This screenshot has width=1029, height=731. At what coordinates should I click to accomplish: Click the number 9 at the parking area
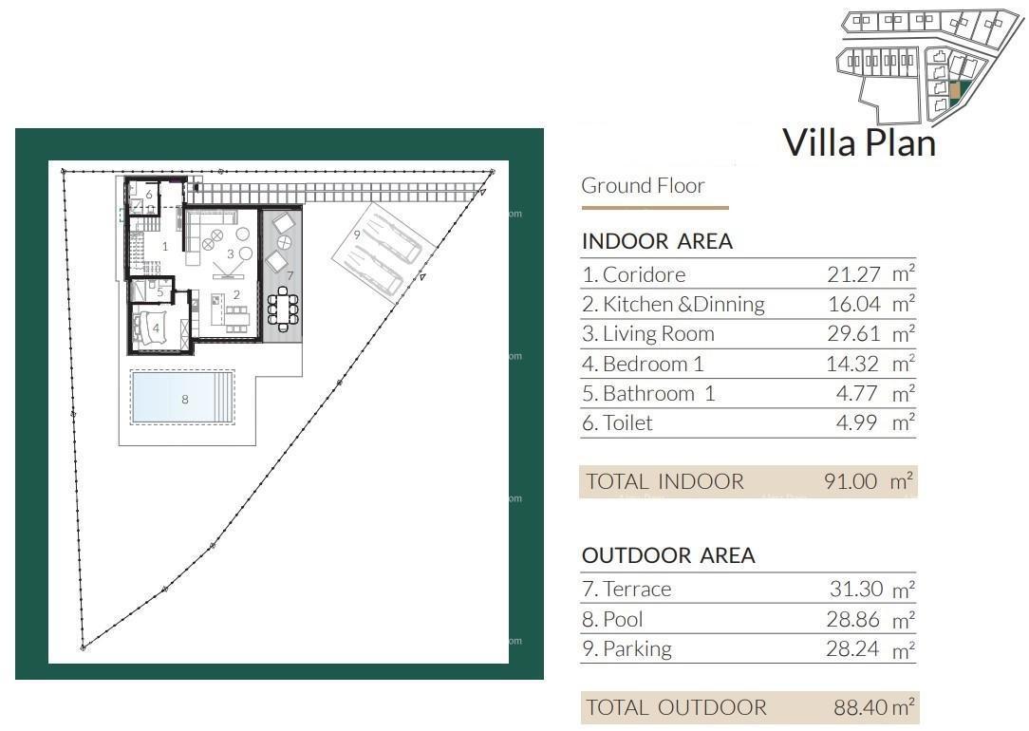click(x=357, y=234)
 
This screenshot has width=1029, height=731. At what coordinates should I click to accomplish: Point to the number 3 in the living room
click(x=230, y=254)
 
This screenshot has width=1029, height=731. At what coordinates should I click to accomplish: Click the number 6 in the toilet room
click(x=149, y=195)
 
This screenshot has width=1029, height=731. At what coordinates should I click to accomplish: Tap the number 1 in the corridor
click(x=165, y=247)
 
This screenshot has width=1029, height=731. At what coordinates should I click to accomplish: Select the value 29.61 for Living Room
click(x=852, y=334)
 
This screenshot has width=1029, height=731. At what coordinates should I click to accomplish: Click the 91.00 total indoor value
click(x=850, y=481)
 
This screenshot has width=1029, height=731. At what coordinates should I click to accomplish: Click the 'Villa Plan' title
click(x=859, y=142)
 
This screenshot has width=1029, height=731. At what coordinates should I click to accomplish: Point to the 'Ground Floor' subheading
click(x=643, y=186)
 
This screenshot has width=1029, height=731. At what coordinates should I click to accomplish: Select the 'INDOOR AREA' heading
click(x=657, y=241)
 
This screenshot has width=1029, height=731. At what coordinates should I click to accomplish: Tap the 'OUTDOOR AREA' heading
click(x=668, y=555)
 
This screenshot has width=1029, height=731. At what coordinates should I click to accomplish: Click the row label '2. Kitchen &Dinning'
click(x=673, y=305)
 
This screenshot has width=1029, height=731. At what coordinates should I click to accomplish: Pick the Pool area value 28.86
click(x=855, y=620)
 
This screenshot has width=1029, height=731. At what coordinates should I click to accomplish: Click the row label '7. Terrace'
click(x=627, y=590)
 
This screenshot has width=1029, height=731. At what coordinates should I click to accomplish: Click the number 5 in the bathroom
click(x=160, y=292)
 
